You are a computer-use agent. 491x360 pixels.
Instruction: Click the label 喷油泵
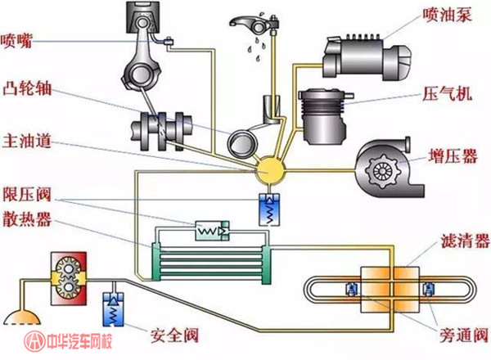(447, 15)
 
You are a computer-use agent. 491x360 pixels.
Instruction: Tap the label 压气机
(447, 93)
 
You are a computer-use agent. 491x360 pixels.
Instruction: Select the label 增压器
(453, 155)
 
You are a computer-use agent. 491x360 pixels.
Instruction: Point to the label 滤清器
(465, 241)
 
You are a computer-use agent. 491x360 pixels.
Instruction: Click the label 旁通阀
(464, 335)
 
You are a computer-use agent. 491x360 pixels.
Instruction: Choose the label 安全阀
(174, 335)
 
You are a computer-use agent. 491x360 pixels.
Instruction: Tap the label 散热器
(27, 218)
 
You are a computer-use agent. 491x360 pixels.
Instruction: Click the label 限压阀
(27, 195)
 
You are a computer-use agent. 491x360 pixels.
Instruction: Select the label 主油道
(27, 141)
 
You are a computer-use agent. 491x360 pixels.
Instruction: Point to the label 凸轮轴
(27, 88)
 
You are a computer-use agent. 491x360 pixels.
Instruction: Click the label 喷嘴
(16, 41)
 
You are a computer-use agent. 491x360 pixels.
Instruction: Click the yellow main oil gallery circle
(269, 171)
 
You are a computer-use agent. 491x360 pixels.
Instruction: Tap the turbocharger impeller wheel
(381, 171)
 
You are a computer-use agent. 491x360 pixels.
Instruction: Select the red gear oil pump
(69, 278)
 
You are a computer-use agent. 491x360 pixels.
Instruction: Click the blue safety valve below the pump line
(114, 309)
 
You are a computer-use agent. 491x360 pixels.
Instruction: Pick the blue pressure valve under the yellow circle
(269, 209)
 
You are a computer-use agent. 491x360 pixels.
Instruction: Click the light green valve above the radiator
(212, 231)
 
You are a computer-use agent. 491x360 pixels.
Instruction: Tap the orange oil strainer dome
(22, 317)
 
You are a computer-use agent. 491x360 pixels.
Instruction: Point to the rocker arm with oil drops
(254, 25)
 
